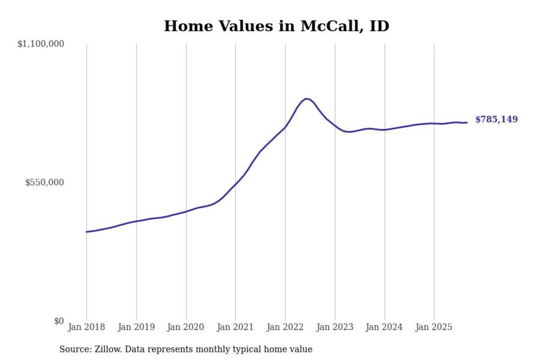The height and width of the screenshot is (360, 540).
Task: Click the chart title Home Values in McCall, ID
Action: pos(276,26)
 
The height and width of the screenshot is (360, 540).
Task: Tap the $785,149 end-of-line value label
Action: pos(496,119)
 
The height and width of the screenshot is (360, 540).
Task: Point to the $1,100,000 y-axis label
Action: pos(40,43)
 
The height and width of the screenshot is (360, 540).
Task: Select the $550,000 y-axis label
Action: pos(45,182)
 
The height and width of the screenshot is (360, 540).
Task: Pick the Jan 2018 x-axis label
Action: pos(86,327)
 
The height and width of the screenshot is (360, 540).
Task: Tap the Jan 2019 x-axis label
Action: pos(136,327)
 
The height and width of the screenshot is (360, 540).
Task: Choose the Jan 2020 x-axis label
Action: pos(186,327)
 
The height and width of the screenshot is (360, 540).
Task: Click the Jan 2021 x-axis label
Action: pos(235,327)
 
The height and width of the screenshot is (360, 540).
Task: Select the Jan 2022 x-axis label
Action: pos(285,327)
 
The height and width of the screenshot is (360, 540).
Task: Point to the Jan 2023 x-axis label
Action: pos(335,327)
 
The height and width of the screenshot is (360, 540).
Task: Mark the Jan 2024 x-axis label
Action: pos(384,327)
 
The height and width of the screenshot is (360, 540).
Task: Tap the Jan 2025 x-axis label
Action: pos(434,327)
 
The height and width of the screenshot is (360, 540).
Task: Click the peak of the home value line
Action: pos(306,98)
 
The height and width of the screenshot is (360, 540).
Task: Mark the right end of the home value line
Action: pos(467,122)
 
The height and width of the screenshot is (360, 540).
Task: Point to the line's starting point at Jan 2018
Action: pos(86,232)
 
